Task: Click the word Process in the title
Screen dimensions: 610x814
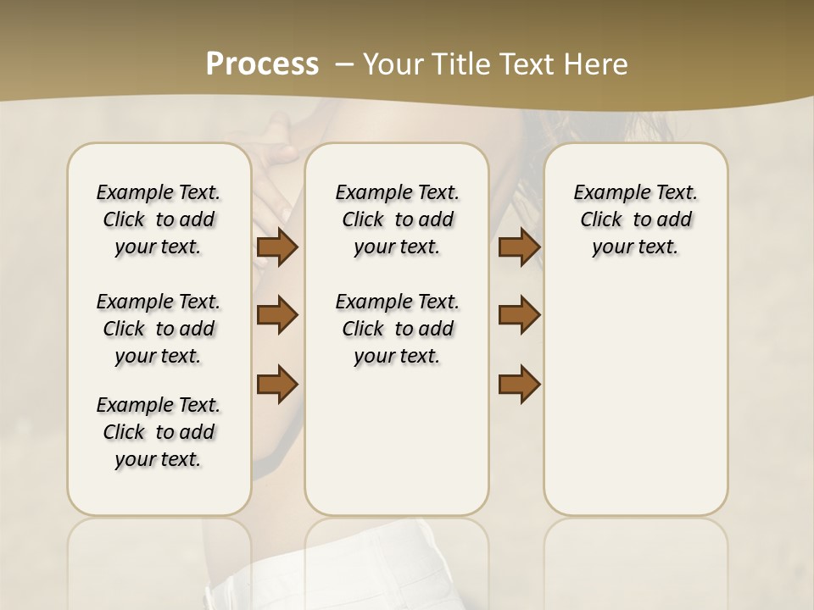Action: tap(262, 64)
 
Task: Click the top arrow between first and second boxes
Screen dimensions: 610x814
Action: tap(277, 247)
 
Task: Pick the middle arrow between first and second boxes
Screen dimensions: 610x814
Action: tap(277, 315)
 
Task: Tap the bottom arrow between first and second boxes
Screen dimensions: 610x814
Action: tap(277, 383)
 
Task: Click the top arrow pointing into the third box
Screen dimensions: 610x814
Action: tap(519, 247)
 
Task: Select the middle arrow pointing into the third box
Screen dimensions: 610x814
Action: tap(519, 315)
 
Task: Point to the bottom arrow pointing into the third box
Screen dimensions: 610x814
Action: tap(519, 383)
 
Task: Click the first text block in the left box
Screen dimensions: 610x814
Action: tap(159, 219)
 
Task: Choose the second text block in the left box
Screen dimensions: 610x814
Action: tap(159, 329)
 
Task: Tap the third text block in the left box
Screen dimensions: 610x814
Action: tap(159, 432)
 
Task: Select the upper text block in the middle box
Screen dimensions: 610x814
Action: tap(397, 219)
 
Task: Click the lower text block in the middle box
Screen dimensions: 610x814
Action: tap(397, 329)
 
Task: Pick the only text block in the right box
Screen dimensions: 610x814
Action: tap(635, 219)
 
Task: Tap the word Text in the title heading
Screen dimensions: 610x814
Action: tap(522, 64)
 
